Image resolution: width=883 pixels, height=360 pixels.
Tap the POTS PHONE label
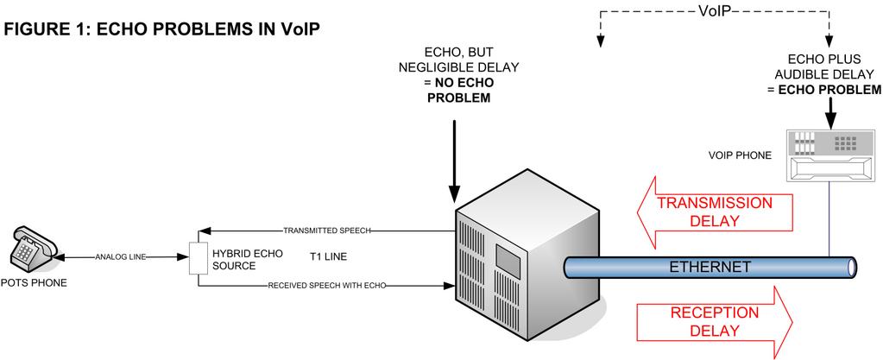click(x=34, y=282)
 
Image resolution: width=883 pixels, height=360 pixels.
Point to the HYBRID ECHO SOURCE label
click(x=238, y=260)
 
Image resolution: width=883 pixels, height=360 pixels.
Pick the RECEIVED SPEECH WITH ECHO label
click(x=326, y=284)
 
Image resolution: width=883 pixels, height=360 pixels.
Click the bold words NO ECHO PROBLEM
click(x=458, y=91)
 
